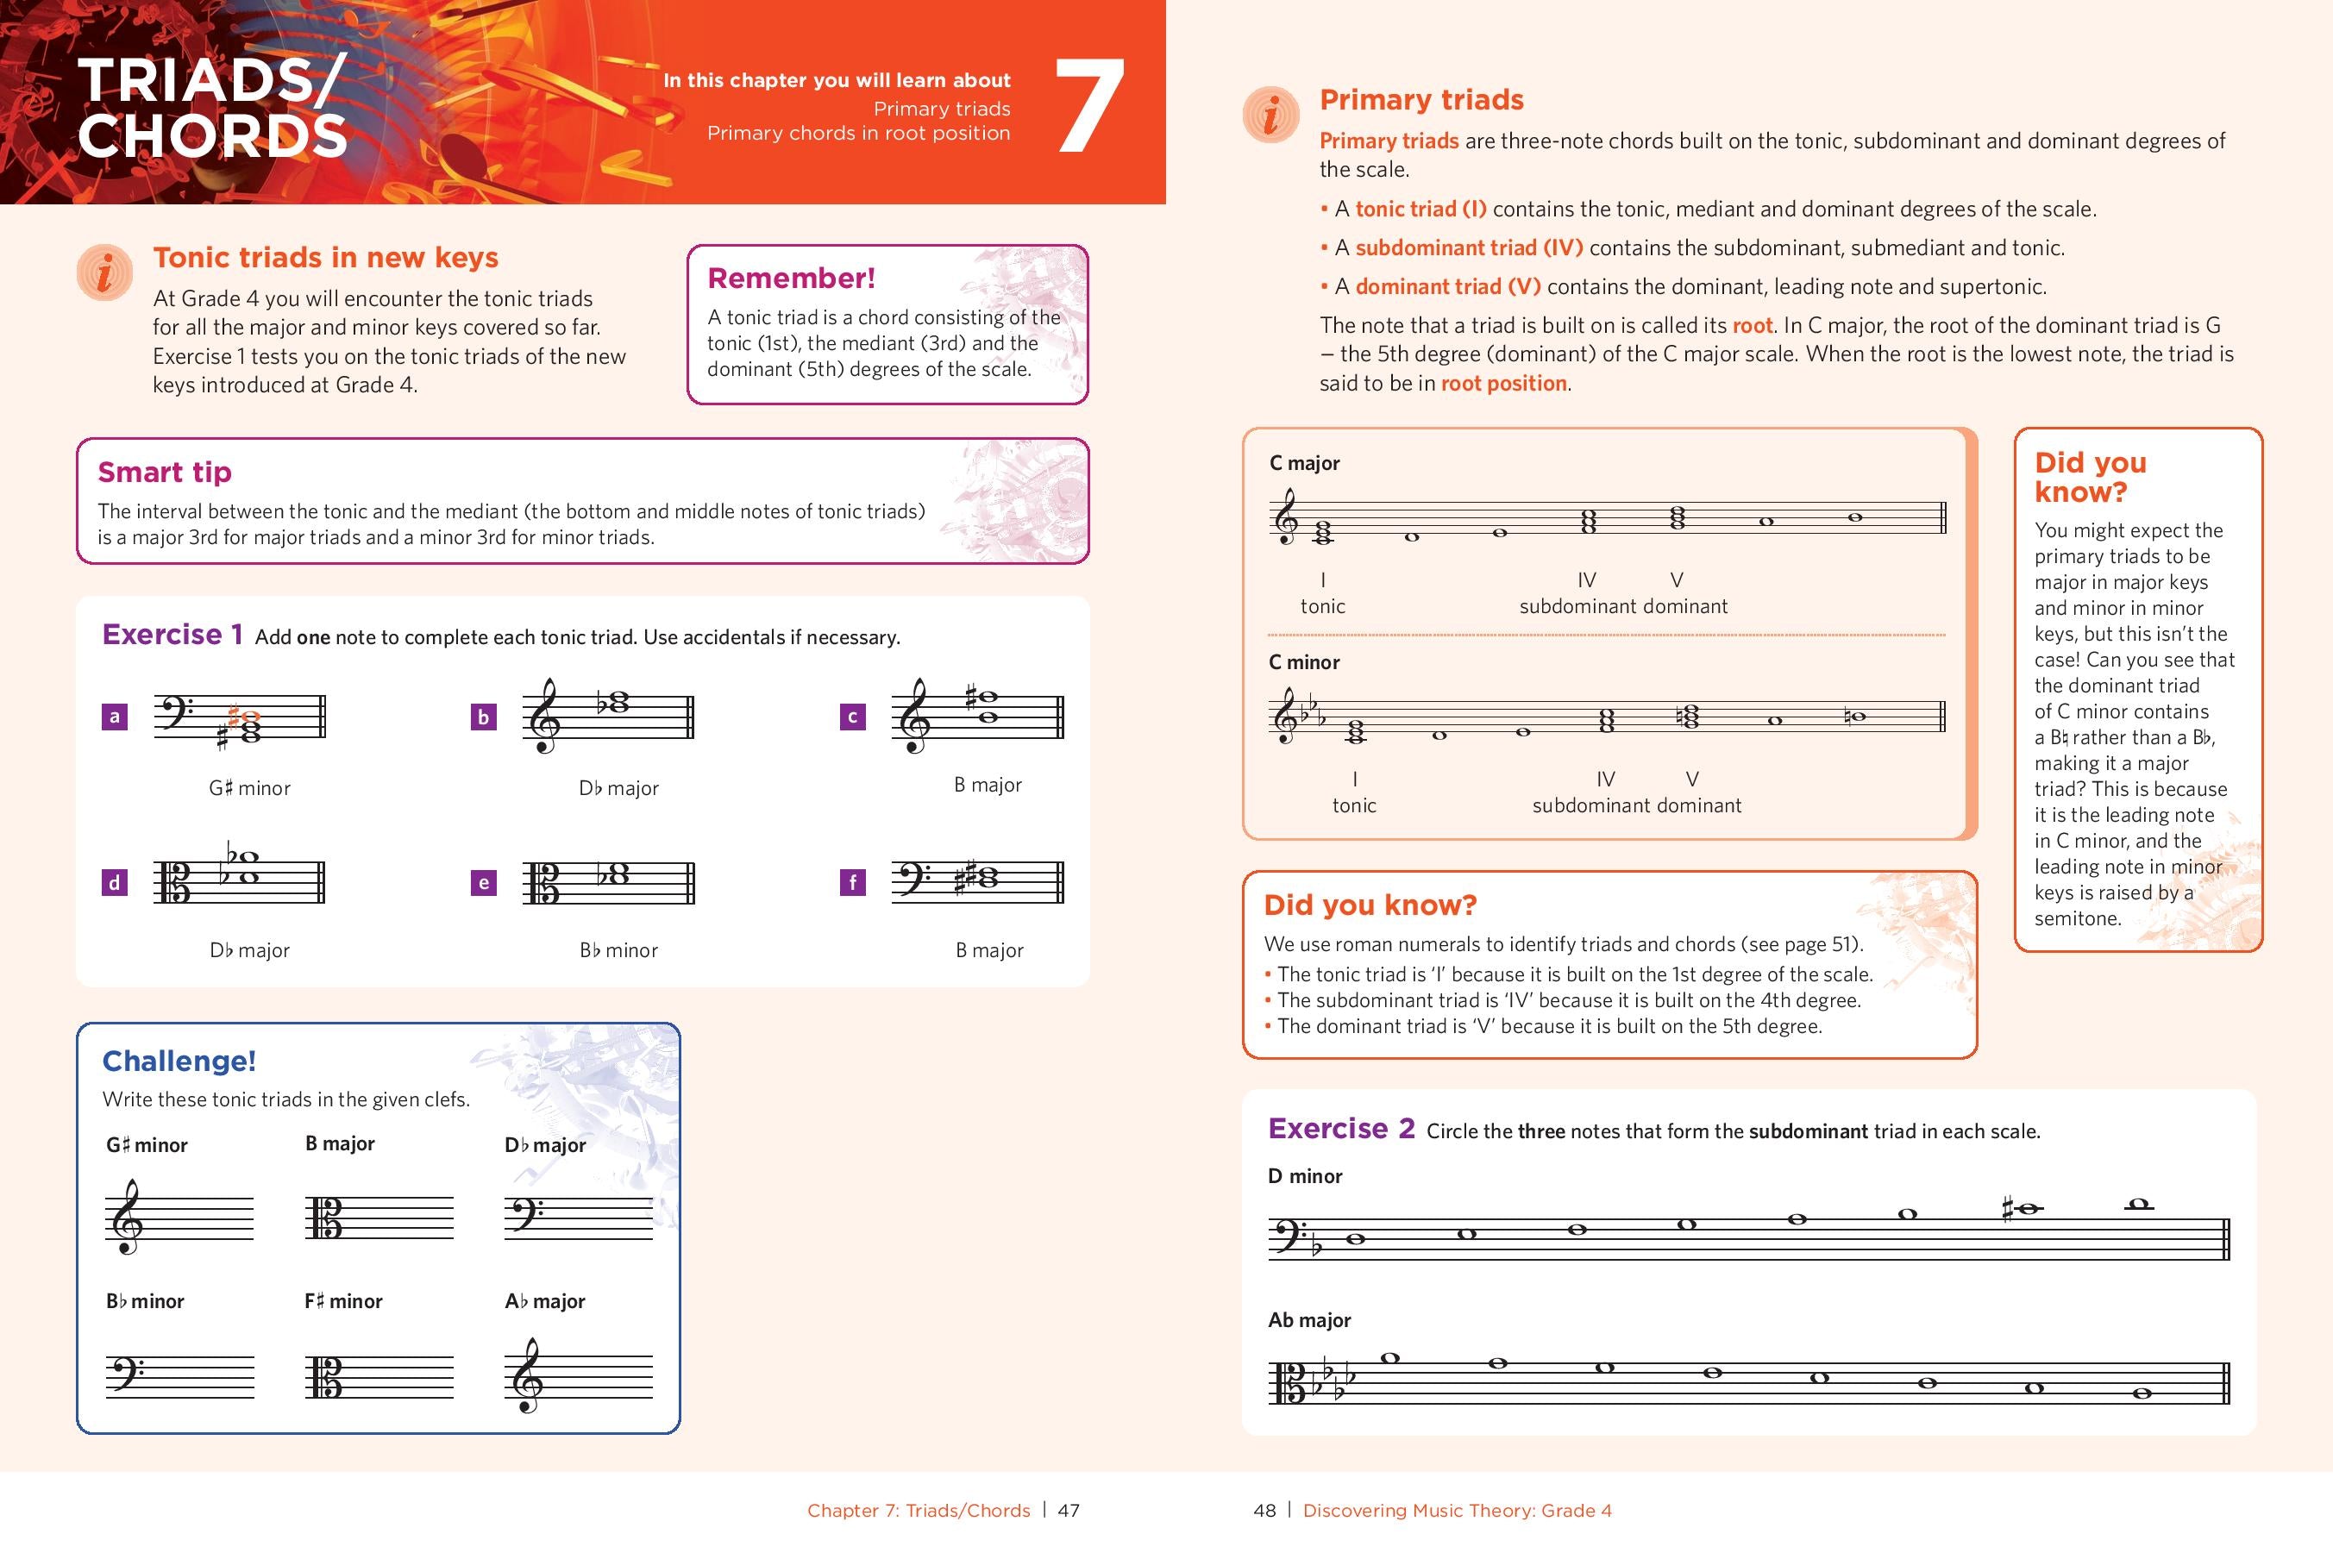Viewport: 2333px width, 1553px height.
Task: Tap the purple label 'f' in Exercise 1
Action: click(852, 881)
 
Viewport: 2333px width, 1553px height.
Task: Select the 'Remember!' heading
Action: click(791, 279)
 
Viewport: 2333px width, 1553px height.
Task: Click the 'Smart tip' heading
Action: click(165, 473)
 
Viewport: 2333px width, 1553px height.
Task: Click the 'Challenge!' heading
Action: click(179, 1061)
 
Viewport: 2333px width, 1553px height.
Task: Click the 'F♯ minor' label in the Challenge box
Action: click(342, 1301)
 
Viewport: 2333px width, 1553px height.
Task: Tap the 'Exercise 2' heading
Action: click(1340, 1128)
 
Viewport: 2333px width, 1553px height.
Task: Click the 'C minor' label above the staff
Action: click(1304, 661)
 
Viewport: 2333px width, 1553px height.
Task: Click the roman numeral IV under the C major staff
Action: click(1586, 579)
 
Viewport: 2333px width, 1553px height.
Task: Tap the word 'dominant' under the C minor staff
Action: click(1698, 805)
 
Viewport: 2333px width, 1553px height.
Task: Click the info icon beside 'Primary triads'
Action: click(1271, 115)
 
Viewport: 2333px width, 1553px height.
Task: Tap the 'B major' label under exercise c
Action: click(987, 785)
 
